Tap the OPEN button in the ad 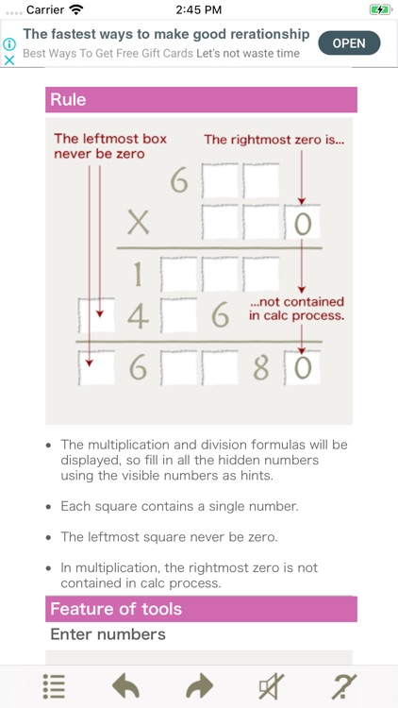[x=349, y=43]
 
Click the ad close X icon [x=9, y=59]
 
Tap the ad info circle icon [x=9, y=43]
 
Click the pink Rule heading [x=201, y=100]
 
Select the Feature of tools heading [x=201, y=609]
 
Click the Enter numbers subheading [x=108, y=634]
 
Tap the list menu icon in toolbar [x=54, y=686]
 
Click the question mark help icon [x=343, y=686]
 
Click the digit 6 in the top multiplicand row [x=179, y=179]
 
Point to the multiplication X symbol [x=139, y=223]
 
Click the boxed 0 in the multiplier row [x=302, y=224]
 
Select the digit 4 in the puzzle [x=139, y=317]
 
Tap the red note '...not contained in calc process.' [x=296, y=309]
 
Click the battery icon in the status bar [x=379, y=9]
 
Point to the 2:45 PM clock [x=199, y=9]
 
